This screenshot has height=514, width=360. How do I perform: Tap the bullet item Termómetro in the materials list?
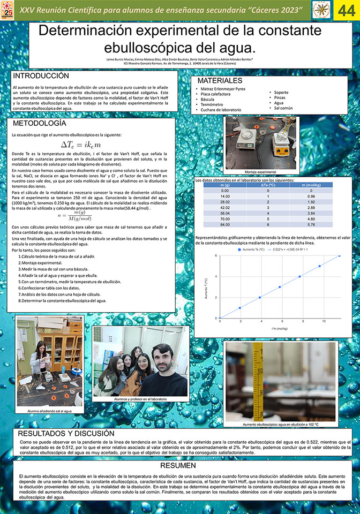(x=212, y=104)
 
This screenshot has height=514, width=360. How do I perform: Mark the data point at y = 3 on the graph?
(x=280, y=287)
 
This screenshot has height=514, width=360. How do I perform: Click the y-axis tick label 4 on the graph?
(x=216, y=277)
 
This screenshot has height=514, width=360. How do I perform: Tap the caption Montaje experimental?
(x=261, y=172)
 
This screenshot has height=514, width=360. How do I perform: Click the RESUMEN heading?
(x=179, y=466)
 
